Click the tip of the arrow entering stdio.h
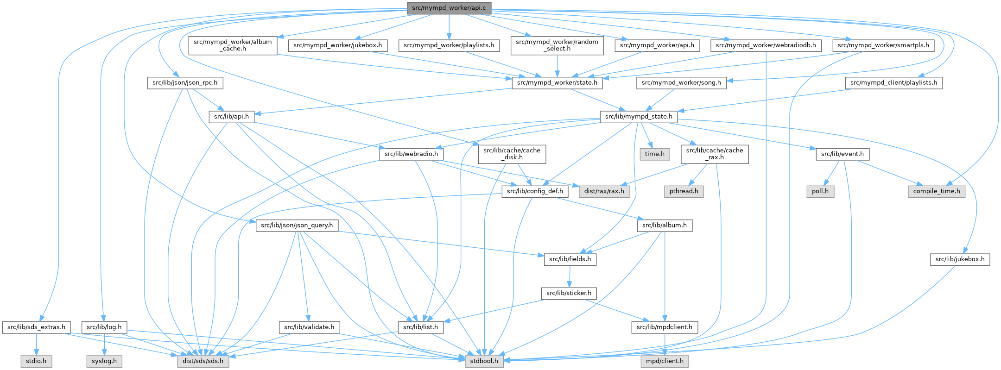coord(36,355)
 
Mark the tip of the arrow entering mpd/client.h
coord(665,355)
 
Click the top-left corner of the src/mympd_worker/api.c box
coord(407,3)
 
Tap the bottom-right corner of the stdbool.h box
coord(503,366)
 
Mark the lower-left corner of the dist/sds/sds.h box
coord(177,366)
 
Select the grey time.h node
coord(654,154)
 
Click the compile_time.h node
coord(937,191)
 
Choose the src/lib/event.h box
coord(842,154)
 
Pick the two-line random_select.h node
coord(557,45)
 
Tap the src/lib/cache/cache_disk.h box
coord(512,154)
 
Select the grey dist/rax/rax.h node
coord(604,191)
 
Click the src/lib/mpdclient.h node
coord(665,327)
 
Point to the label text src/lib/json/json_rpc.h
coord(185,83)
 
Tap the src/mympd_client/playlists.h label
coord(894,83)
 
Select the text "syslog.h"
coord(104,361)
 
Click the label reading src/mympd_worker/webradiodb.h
coord(766,45)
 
